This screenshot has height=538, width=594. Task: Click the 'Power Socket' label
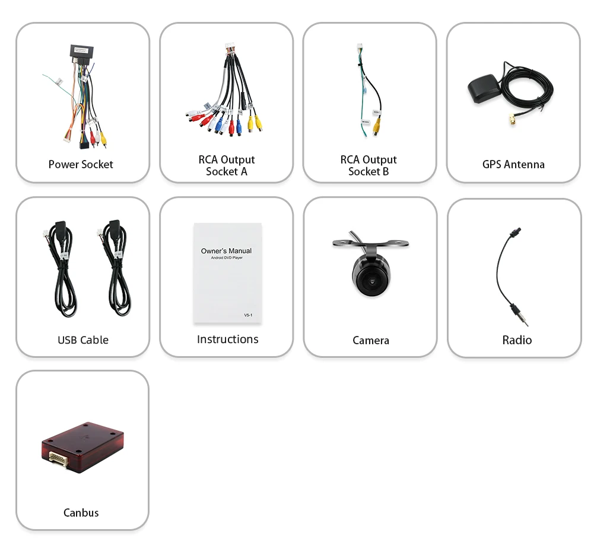(x=81, y=164)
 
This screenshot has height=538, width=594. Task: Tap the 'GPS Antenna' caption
(x=513, y=164)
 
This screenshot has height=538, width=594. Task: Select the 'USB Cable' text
(x=83, y=340)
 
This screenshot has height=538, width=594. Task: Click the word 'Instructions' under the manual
(x=227, y=339)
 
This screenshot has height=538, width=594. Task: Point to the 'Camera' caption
(x=371, y=340)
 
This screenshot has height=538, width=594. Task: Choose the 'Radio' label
(x=517, y=340)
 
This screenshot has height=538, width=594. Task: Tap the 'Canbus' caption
(x=81, y=513)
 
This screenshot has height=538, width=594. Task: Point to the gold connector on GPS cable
(x=510, y=122)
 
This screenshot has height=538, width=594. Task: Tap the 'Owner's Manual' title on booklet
(x=226, y=251)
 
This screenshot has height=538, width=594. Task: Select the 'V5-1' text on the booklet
(x=248, y=315)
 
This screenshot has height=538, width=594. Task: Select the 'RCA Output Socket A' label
(x=227, y=165)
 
